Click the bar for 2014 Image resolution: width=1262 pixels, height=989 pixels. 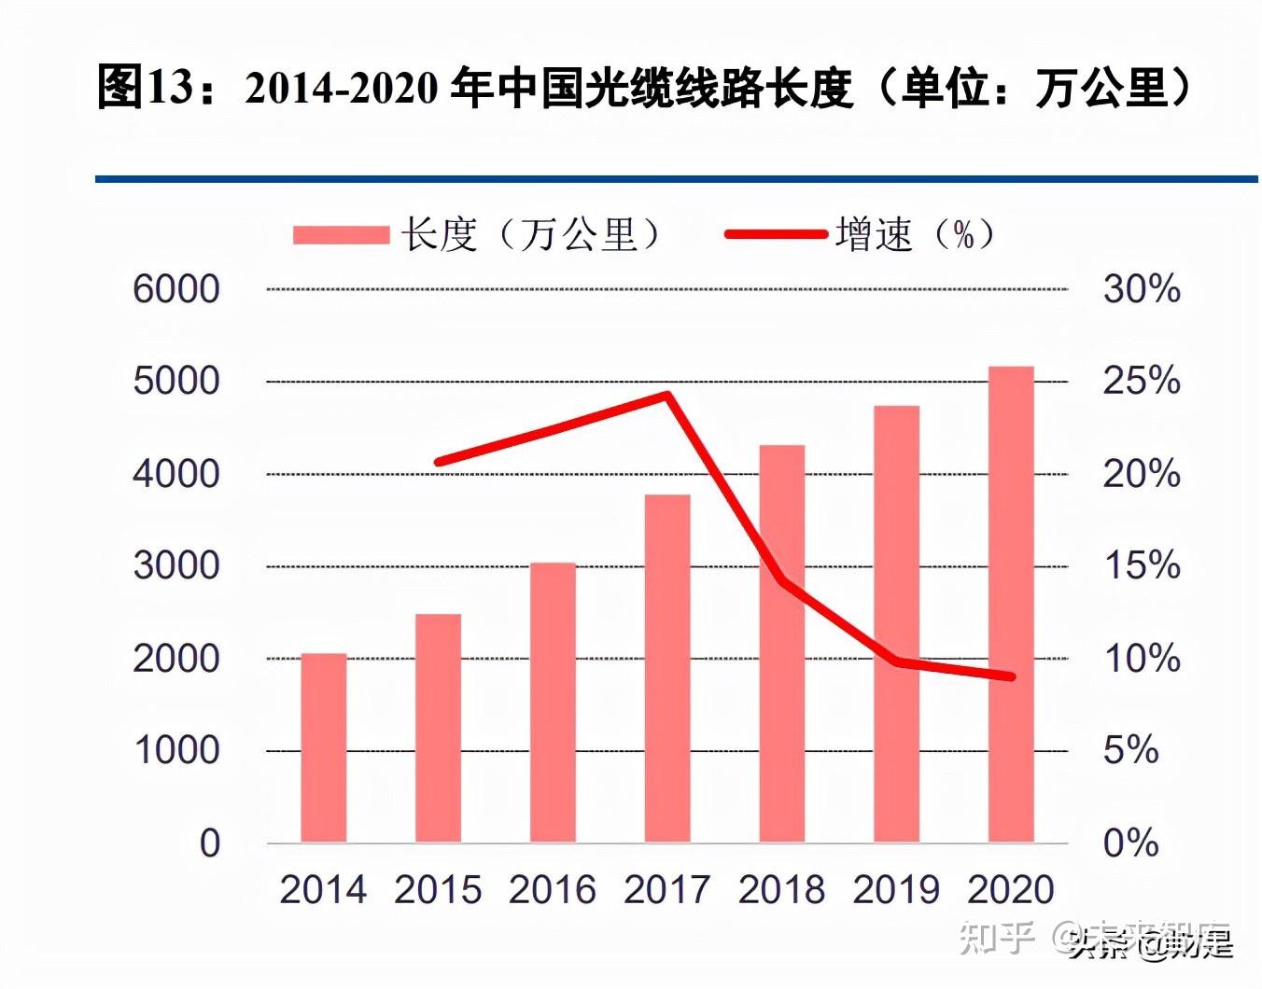323,748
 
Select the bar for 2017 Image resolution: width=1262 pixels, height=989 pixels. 667,668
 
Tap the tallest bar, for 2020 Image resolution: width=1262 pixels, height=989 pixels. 1011,605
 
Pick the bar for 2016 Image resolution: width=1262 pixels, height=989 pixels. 553,703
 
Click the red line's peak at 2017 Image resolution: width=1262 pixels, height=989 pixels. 666,395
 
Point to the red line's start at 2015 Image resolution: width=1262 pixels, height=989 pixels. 439,462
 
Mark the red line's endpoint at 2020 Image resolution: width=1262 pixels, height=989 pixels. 1012,676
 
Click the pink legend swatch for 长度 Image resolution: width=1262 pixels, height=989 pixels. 341,234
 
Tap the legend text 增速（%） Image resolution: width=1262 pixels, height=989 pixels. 916,234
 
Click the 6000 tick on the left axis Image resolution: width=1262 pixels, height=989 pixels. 175,289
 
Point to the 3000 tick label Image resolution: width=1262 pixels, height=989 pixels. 175,565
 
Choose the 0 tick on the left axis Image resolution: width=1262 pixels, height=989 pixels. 209,843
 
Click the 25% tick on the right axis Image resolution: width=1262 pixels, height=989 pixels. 1141,381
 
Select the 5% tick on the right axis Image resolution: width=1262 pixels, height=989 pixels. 1130,750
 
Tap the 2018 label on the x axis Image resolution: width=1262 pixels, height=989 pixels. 781,889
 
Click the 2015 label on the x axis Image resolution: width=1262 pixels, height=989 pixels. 438,889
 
